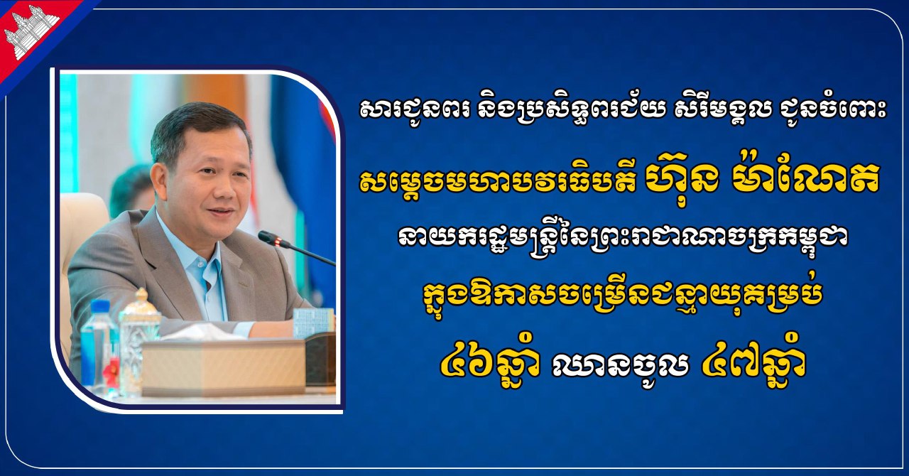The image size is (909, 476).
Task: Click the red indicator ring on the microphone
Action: pyautogui.click(x=278, y=242)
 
